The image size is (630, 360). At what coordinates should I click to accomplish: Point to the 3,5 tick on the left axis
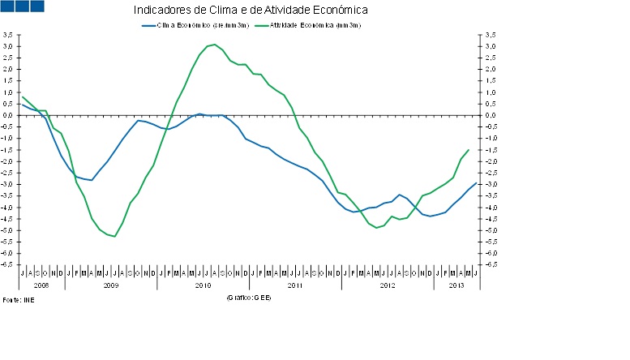[x=7, y=35]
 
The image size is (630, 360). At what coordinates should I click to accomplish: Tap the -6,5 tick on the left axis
[x=7, y=265]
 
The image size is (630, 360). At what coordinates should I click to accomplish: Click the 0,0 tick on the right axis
[x=490, y=115]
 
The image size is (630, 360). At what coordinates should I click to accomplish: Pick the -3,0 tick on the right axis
[x=490, y=184]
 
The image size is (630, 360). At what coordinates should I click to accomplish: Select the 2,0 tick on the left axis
[x=7, y=70]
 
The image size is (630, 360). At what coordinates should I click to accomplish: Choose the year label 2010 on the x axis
[x=203, y=285]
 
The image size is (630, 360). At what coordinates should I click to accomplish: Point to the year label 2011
[x=294, y=285]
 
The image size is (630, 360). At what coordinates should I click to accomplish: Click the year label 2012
[x=387, y=285]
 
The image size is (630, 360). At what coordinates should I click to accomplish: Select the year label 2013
[x=456, y=285]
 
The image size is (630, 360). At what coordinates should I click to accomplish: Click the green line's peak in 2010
[x=214, y=45]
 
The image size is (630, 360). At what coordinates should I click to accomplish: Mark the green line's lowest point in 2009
[x=114, y=236]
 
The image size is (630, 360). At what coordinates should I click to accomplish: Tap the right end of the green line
[x=469, y=150]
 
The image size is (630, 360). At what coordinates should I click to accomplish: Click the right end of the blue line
[x=476, y=183]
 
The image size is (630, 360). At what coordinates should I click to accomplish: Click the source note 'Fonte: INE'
[x=19, y=299]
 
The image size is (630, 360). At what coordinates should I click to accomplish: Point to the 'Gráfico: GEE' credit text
[x=248, y=298]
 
